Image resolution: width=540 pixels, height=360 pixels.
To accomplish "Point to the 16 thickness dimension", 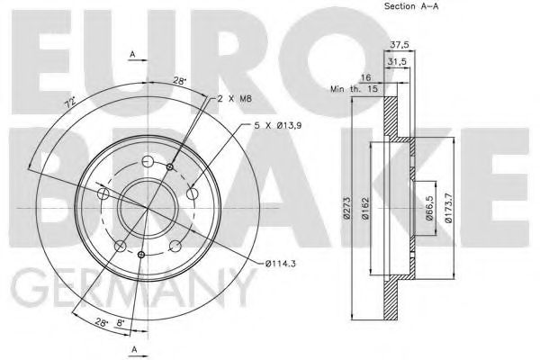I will coord(365,78).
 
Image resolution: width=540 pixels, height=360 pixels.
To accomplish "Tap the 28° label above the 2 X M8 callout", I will coord(180,81).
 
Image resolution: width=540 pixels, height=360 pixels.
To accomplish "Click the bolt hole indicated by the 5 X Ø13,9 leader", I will coord(191,191).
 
